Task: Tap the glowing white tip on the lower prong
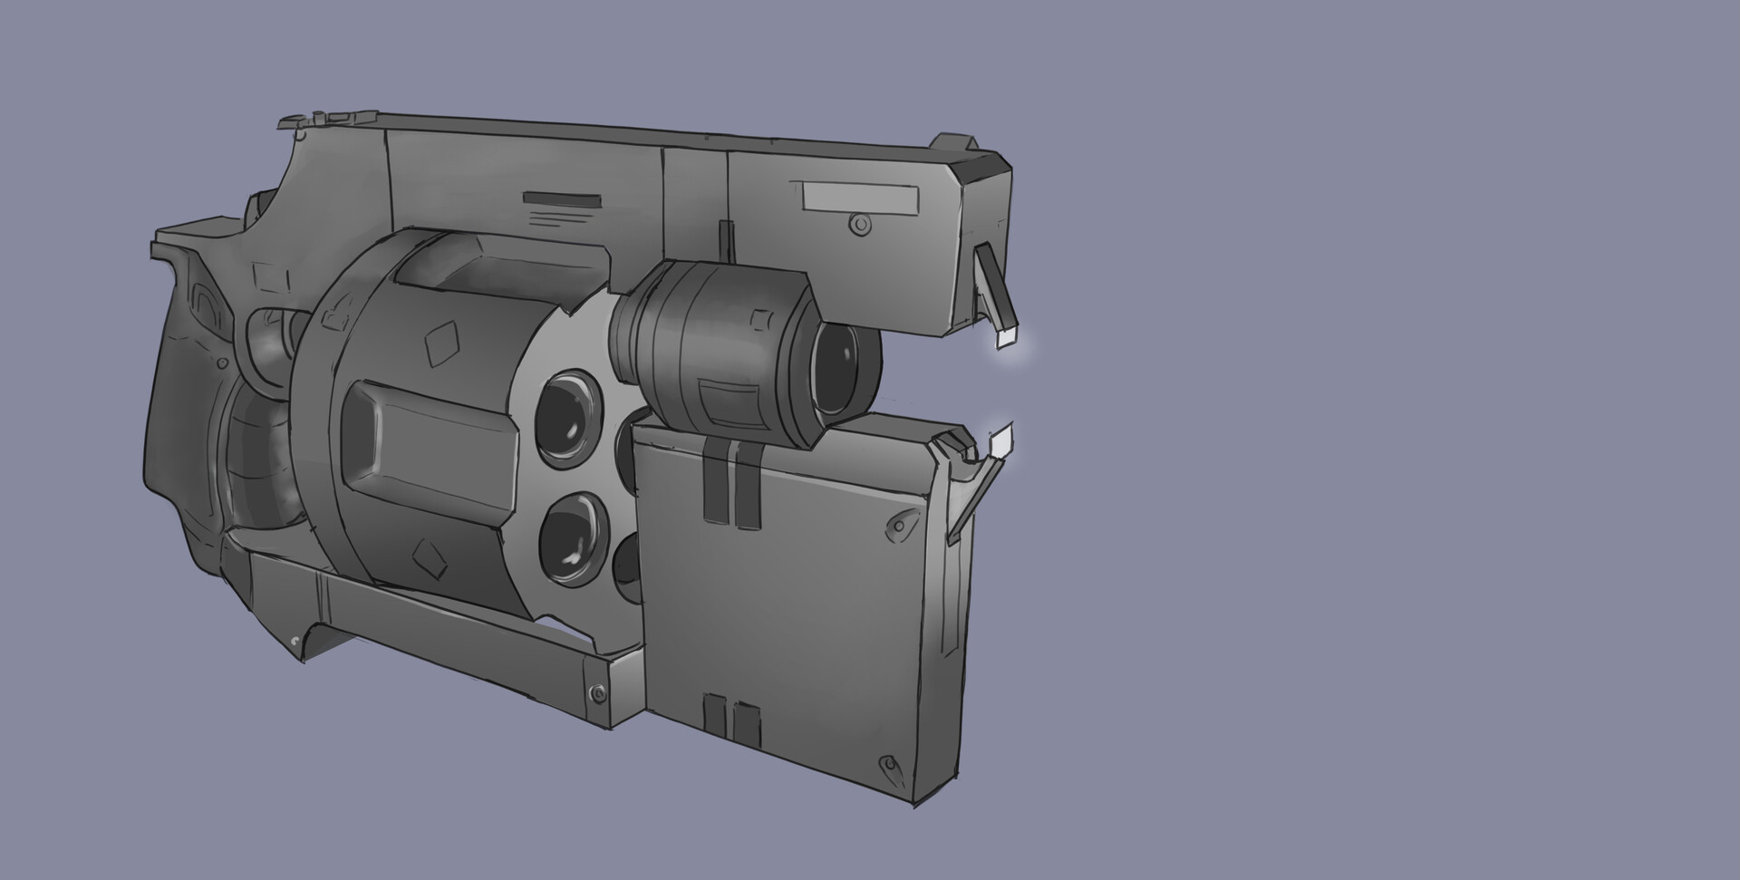[x=1000, y=442]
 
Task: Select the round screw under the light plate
[x=855, y=223]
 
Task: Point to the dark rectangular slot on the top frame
[x=562, y=199]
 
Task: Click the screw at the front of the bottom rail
[x=594, y=692]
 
